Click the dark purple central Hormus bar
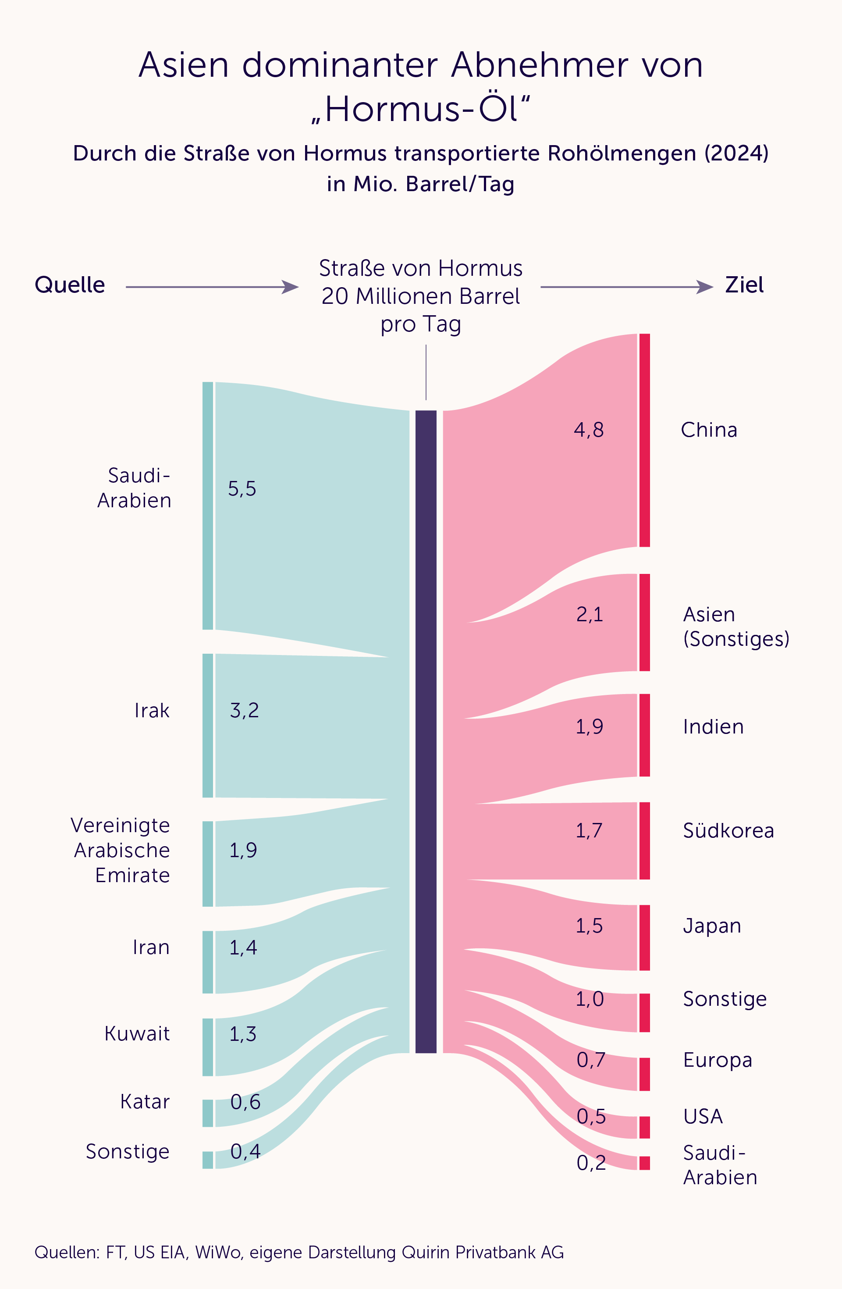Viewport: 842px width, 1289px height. point(426,731)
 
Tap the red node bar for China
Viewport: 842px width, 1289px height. point(644,440)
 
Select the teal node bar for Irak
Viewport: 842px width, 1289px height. point(207,725)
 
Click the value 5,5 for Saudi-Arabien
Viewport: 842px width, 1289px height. point(242,488)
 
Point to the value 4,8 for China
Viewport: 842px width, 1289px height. point(589,430)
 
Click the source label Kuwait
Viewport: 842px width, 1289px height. point(137,1033)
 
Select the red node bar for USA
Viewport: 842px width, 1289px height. point(644,1127)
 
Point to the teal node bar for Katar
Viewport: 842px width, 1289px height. point(207,1113)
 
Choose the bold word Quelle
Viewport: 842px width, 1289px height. point(70,285)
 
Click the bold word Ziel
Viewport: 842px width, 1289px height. point(744,285)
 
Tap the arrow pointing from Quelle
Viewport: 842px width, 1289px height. point(212,287)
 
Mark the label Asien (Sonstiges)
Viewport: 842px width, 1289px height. point(735,627)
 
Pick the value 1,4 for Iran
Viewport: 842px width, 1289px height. point(243,947)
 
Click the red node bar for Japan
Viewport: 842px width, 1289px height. point(644,937)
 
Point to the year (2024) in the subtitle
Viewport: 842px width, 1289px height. point(736,153)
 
